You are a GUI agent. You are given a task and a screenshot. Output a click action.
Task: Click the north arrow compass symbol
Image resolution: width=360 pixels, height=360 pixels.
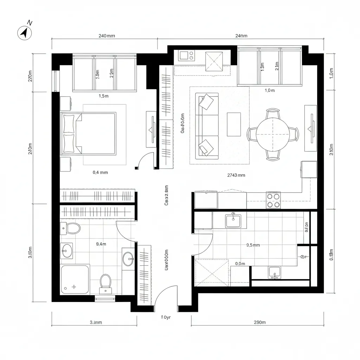tap(25, 33)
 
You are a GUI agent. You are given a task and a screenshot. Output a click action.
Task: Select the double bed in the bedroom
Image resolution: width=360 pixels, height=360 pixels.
tap(89, 134)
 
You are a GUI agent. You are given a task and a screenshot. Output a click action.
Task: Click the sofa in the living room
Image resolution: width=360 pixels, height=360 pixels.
tap(207, 125)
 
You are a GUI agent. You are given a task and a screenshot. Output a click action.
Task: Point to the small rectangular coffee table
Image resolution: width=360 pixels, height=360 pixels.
tap(234, 124)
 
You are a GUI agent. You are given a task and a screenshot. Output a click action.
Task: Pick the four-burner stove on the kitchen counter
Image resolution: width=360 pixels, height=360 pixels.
tap(273, 200)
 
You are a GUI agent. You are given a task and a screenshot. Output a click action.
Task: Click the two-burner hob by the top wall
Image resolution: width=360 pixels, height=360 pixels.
tap(186, 56)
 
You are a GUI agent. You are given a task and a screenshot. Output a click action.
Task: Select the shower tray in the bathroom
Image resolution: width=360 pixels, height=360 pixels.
tap(75, 279)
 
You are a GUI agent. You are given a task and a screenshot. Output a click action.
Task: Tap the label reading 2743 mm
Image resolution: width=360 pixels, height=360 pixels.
tap(236, 175)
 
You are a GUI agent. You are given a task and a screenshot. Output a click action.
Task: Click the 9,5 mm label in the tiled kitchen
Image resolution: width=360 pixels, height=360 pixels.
tap(253, 245)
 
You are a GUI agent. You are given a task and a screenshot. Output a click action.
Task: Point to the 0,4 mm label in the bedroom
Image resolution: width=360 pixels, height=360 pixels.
tap(100, 172)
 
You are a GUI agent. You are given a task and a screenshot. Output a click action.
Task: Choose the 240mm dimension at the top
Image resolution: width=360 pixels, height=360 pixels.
tap(107, 36)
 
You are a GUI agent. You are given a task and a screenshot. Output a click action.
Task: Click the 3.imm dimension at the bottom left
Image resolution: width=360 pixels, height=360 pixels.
tap(96, 322)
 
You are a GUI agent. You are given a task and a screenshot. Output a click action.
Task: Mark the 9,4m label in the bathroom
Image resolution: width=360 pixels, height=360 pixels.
tap(101, 244)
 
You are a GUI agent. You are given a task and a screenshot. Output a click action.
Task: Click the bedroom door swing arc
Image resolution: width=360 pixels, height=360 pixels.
tap(145, 160)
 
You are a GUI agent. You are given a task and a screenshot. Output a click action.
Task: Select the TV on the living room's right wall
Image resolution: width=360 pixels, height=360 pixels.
tap(311, 128)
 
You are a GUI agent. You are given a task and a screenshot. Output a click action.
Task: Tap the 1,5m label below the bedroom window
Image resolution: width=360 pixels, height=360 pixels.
tap(103, 96)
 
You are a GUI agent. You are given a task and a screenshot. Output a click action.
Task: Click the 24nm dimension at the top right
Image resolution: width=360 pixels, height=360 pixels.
tap(241, 36)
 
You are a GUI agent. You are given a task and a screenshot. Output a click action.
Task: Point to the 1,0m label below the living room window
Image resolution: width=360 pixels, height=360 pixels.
tap(269, 90)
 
